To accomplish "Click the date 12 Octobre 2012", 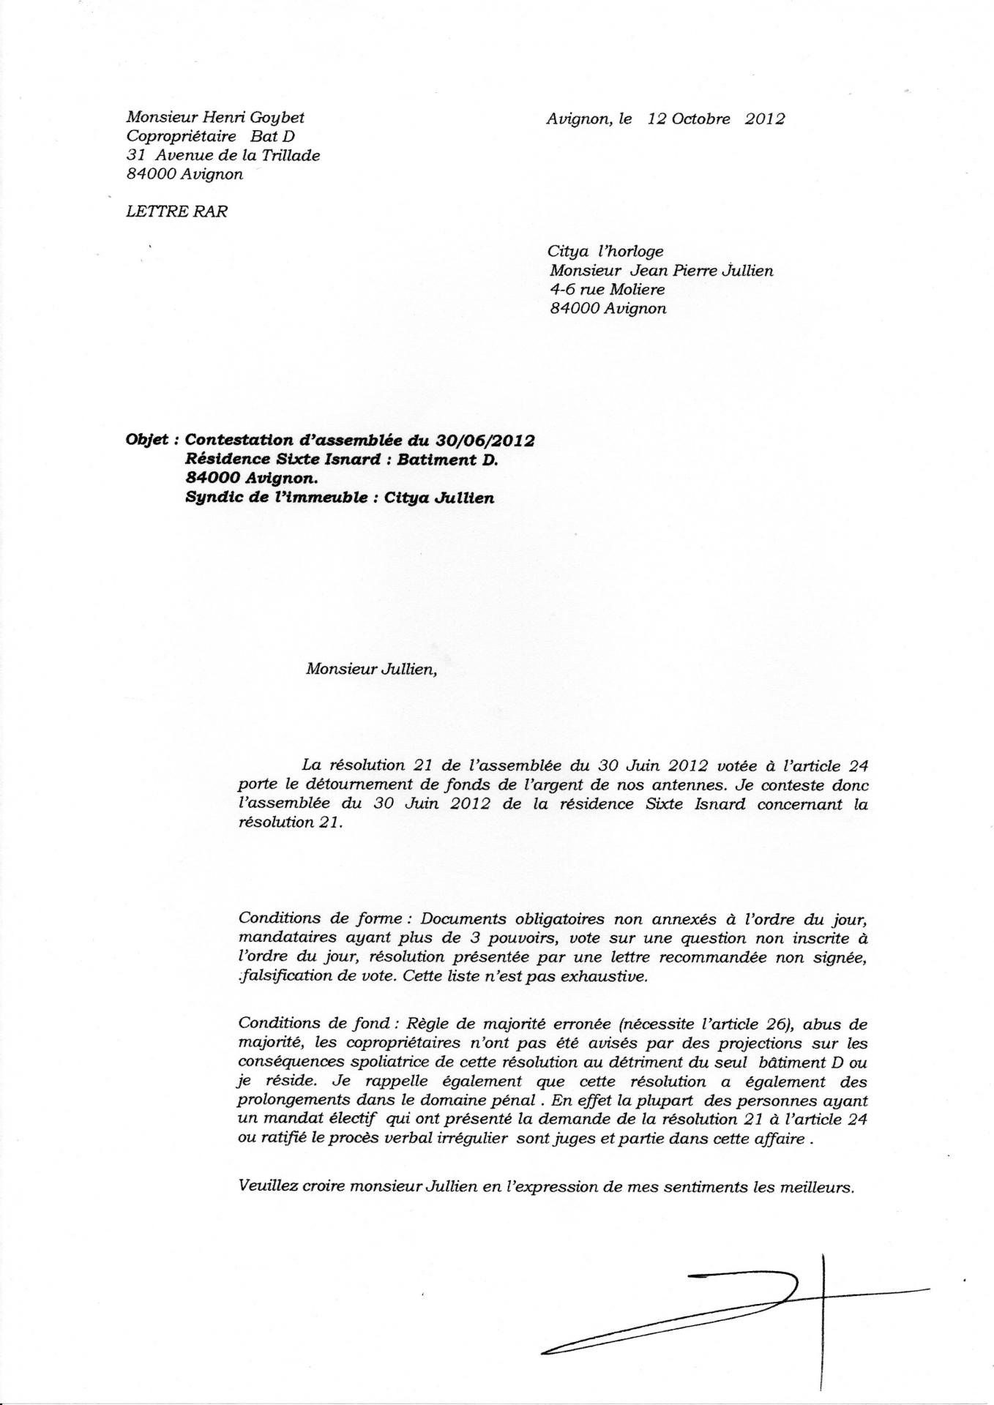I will (x=715, y=119).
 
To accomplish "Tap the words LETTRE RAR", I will (x=176, y=211).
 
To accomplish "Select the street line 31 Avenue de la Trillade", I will (x=223, y=155).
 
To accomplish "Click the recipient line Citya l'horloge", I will (x=606, y=251).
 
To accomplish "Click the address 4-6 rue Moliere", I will (x=607, y=289).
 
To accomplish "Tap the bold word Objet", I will (x=148, y=441).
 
